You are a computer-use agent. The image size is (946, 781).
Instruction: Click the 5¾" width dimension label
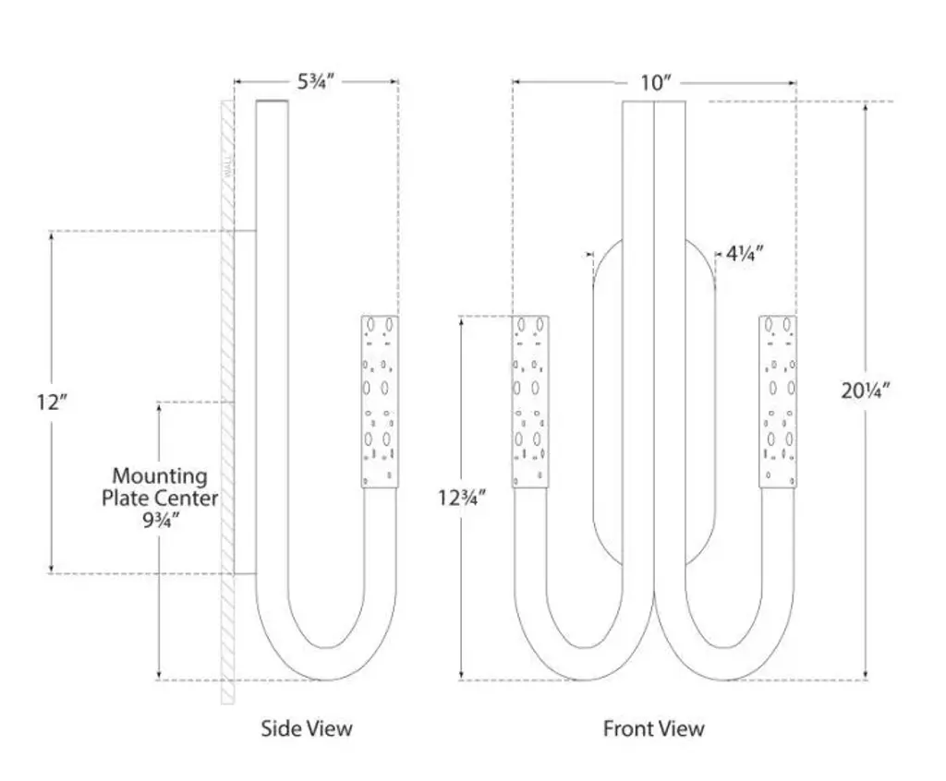point(315,81)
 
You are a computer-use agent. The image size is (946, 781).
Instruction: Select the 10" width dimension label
point(655,82)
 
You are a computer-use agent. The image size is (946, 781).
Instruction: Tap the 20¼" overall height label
point(865,390)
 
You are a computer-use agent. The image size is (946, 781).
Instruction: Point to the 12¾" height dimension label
point(462,498)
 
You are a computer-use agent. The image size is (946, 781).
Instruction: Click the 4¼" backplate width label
point(746,253)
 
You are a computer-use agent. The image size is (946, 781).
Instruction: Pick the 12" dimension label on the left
point(53,403)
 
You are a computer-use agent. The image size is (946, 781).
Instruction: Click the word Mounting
point(160,476)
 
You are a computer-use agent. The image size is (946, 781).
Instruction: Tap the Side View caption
point(306,728)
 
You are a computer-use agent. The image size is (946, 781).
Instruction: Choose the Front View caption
point(653,728)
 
